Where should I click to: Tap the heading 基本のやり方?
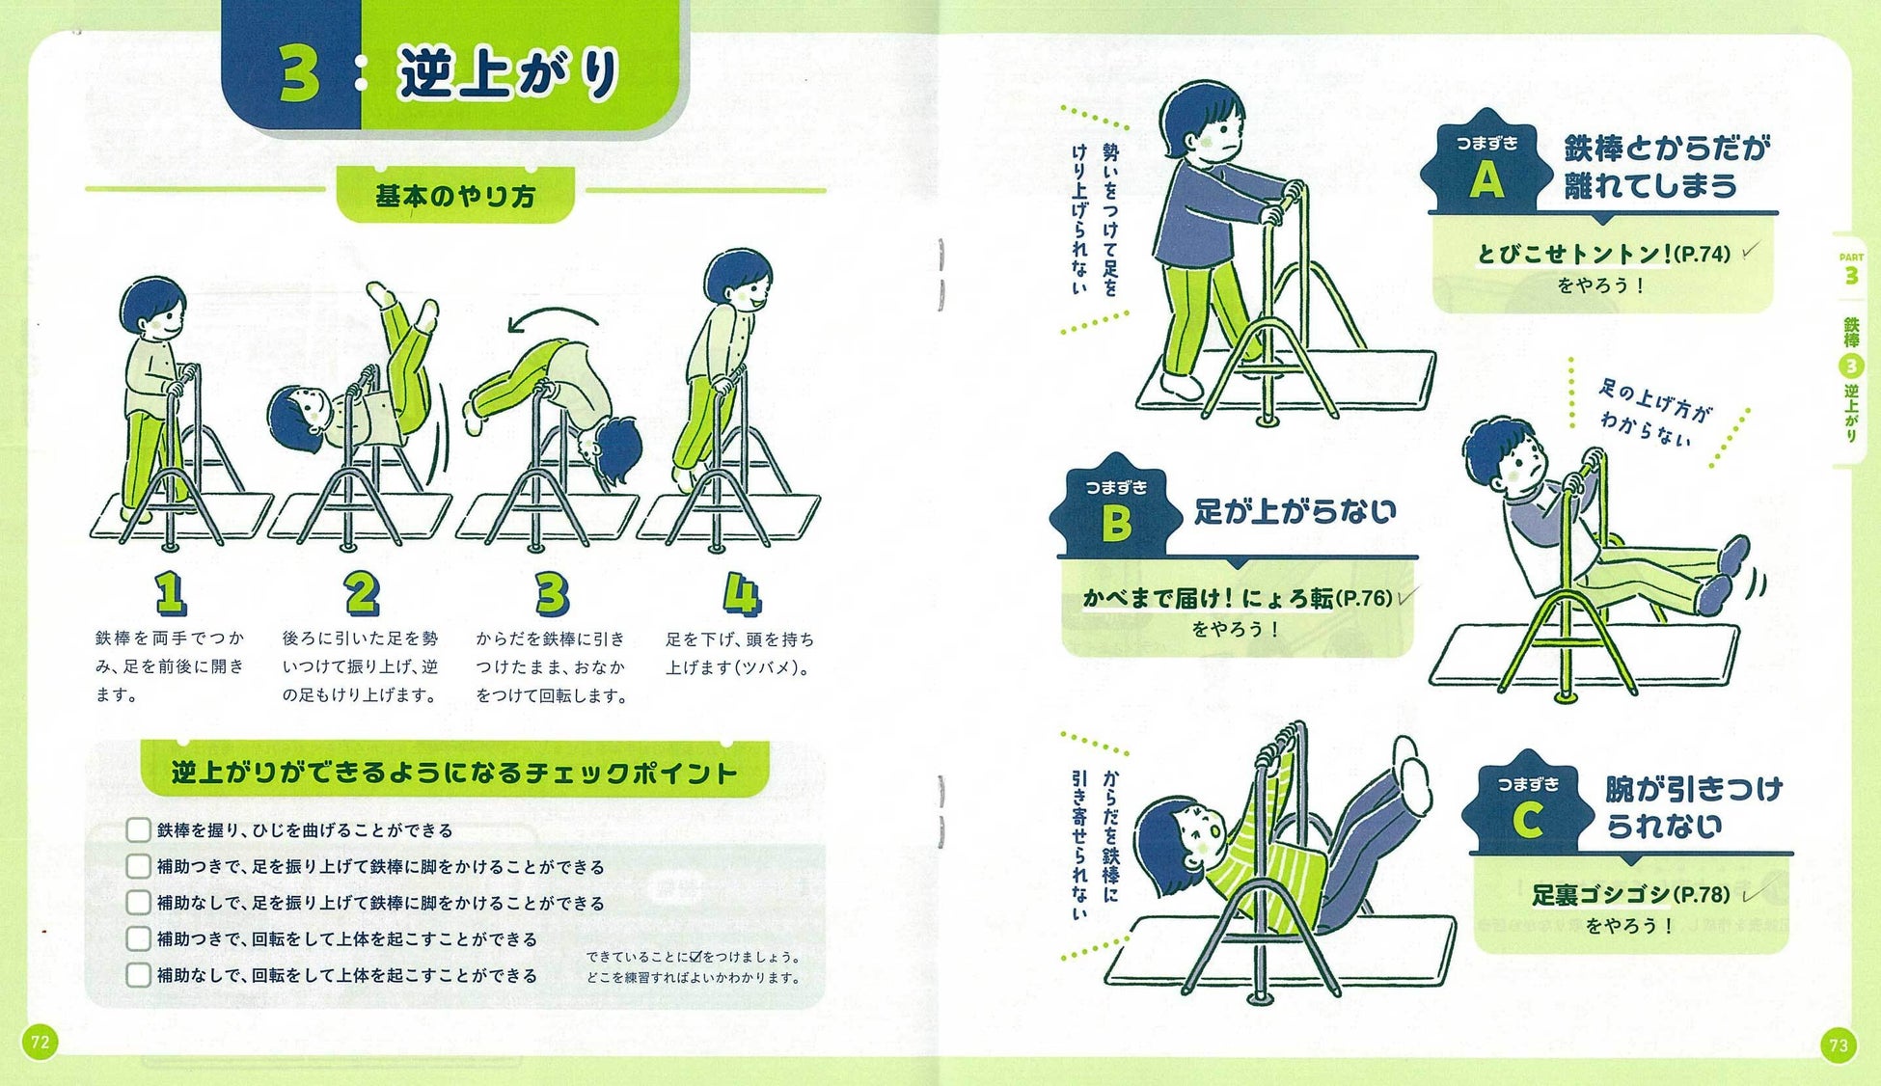point(454,197)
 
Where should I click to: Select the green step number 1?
point(170,593)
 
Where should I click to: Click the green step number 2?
point(362,593)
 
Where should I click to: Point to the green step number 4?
point(741,593)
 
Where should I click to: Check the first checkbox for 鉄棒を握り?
point(138,830)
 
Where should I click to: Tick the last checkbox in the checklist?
point(138,975)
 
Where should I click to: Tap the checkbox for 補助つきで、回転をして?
point(138,938)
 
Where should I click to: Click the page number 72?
point(40,1042)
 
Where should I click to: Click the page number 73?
point(1839,1045)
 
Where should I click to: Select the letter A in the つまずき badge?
point(1486,180)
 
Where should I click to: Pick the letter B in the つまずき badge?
point(1116,525)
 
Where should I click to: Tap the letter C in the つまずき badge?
point(1527,821)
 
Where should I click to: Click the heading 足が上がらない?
point(1295,511)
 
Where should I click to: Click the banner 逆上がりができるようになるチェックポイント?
point(454,773)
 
